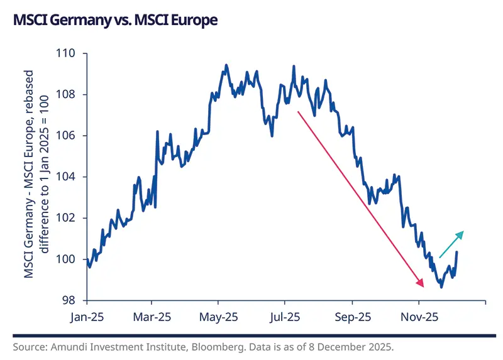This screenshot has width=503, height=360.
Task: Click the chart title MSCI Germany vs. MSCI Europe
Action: point(115,21)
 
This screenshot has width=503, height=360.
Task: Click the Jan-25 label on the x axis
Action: point(87,317)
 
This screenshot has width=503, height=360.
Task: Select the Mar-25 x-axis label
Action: point(153,317)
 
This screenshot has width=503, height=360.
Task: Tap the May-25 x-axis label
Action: point(219,317)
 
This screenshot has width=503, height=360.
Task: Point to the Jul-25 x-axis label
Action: point(285,317)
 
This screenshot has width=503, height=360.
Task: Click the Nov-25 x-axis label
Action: point(419,317)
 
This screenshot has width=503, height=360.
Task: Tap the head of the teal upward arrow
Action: point(463,232)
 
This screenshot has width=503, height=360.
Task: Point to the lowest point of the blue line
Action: point(441,287)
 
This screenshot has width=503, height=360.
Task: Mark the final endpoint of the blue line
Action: point(456,252)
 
